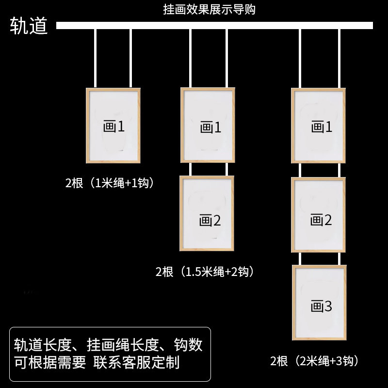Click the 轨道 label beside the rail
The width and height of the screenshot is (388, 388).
[29, 26]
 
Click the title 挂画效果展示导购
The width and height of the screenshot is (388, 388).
[209, 9]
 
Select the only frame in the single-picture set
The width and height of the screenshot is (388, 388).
[113, 126]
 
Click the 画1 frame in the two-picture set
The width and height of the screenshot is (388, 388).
[208, 126]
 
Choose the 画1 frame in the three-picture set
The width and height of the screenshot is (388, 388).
[318, 126]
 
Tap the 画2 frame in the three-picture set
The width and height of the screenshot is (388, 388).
[318, 215]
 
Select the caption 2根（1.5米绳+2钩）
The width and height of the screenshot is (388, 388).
[205, 272]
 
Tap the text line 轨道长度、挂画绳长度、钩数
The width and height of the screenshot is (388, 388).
[109, 345]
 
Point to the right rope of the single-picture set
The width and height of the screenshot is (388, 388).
[131, 58]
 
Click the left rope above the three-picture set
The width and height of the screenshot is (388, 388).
[301, 58]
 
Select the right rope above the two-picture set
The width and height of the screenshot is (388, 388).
[226, 58]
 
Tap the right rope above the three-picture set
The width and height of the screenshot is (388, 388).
[339, 58]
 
